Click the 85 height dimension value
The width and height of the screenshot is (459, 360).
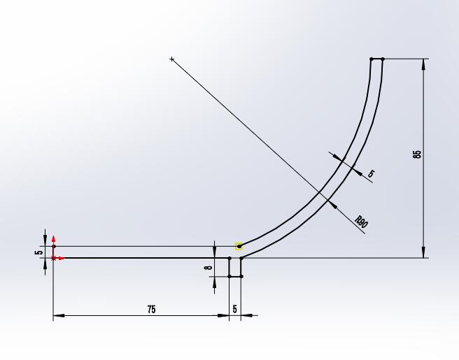[x=418, y=154]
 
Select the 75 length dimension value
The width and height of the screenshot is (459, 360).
[x=152, y=309]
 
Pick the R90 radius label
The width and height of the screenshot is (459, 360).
[x=361, y=223]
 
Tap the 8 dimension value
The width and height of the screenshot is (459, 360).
[x=208, y=267]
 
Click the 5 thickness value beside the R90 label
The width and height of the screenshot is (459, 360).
[x=371, y=173]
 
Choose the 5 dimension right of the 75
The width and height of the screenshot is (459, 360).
[x=235, y=309]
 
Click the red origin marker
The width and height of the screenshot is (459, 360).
[x=54, y=258]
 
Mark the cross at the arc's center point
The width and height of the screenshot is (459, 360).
[x=172, y=59]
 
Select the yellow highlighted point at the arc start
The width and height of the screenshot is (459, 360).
[x=239, y=246]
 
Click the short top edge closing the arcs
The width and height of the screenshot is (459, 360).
[x=377, y=59]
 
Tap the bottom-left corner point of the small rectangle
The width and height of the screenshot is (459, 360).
[x=229, y=276]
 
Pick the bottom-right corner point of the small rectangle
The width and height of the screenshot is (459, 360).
[x=241, y=276]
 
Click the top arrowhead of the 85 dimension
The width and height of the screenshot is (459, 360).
[x=423, y=64]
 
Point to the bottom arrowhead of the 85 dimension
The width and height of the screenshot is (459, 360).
[x=423, y=253]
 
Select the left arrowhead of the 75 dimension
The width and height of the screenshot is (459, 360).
[x=57, y=315]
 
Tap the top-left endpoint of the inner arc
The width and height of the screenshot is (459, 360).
[x=372, y=59]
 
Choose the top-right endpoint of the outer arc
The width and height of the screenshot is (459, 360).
[x=383, y=59]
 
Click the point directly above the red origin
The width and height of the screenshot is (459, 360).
[x=54, y=246]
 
